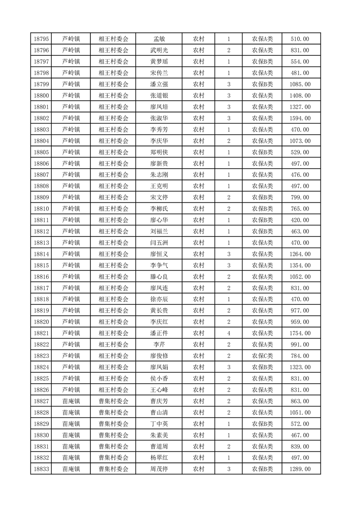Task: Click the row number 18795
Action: [x=42, y=39]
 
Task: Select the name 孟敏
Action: [x=159, y=39]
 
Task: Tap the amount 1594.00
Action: [x=300, y=118]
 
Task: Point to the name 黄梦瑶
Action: [x=159, y=62]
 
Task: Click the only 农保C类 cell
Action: [x=262, y=356]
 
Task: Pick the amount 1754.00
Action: [x=300, y=333]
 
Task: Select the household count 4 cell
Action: [x=229, y=333]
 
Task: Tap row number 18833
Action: [x=42, y=469]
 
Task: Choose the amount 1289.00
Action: [x=300, y=469]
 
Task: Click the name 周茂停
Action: [x=159, y=469]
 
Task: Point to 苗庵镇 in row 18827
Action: [x=71, y=401]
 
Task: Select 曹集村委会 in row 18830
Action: [x=113, y=435]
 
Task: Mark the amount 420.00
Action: [x=300, y=220]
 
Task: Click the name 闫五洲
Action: [x=159, y=243]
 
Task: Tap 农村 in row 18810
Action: [x=198, y=209]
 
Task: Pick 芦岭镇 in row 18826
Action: [x=71, y=390]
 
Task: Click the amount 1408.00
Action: [x=300, y=96]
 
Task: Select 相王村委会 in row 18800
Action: [x=113, y=96]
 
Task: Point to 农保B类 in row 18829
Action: [x=262, y=424]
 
